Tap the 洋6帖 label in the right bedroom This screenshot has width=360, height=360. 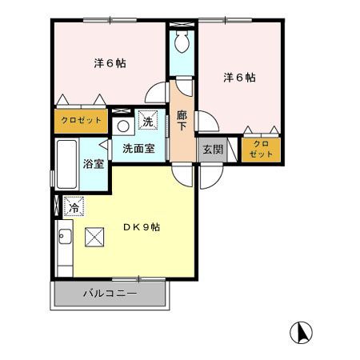pyautogui.click(x=239, y=78)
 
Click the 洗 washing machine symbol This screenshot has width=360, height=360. pyautogui.click(x=147, y=122)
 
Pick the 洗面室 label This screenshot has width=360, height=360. pyautogui.click(x=138, y=148)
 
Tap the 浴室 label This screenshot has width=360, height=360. pyautogui.click(x=94, y=165)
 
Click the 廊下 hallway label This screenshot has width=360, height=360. pyautogui.click(x=182, y=120)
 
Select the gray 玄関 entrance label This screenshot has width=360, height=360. pyautogui.click(x=211, y=149)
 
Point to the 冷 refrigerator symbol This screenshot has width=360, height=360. pyautogui.click(x=73, y=206)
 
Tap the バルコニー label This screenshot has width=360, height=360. pyautogui.click(x=110, y=294)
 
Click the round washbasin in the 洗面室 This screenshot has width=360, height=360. pyautogui.click(x=122, y=126)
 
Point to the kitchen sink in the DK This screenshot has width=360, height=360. pyautogui.click(x=65, y=238)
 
